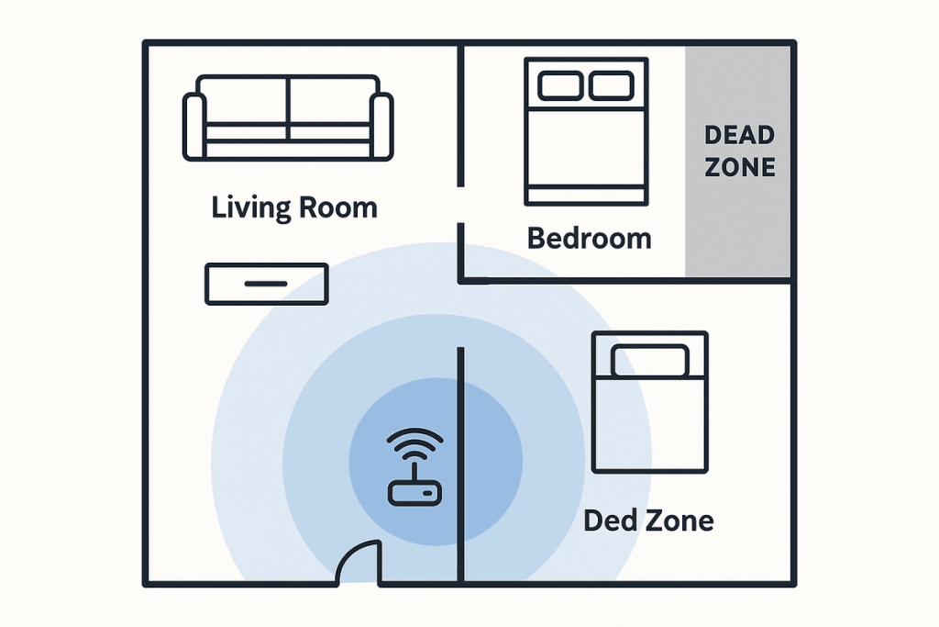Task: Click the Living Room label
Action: [294, 208]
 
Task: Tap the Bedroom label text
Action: [590, 238]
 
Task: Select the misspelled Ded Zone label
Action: [648, 521]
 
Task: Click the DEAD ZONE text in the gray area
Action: [740, 151]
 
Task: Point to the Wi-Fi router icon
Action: [415, 466]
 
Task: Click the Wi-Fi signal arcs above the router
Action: [415, 443]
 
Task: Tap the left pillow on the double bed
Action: [560, 85]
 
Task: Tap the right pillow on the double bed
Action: [612, 85]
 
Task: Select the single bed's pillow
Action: [650, 361]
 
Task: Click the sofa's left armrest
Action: [193, 127]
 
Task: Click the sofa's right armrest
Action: [382, 127]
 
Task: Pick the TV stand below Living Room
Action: [267, 285]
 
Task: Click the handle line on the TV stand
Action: [266, 284]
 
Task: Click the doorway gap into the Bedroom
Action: [460, 205]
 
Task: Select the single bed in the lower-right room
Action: [650, 401]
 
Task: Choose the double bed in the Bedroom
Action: [586, 131]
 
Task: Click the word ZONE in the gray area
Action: [740, 167]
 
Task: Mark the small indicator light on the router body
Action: [428, 493]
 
